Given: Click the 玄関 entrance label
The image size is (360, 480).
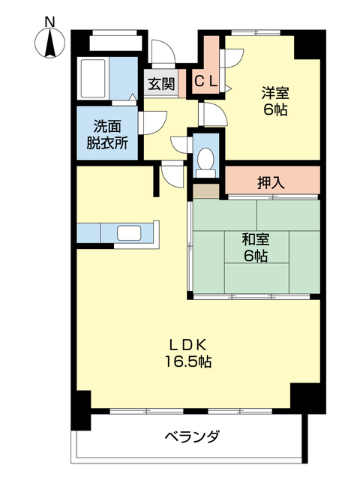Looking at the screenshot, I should coord(160,83).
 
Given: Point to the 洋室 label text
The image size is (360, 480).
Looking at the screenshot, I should coord(274,93).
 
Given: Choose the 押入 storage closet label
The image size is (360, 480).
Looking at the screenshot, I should coord(271,181).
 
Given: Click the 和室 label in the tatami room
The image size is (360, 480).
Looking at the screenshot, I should coord(255,240).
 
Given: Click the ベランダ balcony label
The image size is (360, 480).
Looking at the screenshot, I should coord(192,436).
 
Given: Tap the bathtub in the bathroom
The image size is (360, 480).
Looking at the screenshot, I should coord(94,76).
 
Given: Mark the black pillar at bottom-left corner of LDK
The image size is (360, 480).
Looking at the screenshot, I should coord(81,409).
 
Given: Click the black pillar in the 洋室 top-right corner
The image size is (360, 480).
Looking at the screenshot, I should coord(307,45).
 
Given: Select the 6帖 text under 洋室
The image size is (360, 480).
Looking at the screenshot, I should coord(274,110).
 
